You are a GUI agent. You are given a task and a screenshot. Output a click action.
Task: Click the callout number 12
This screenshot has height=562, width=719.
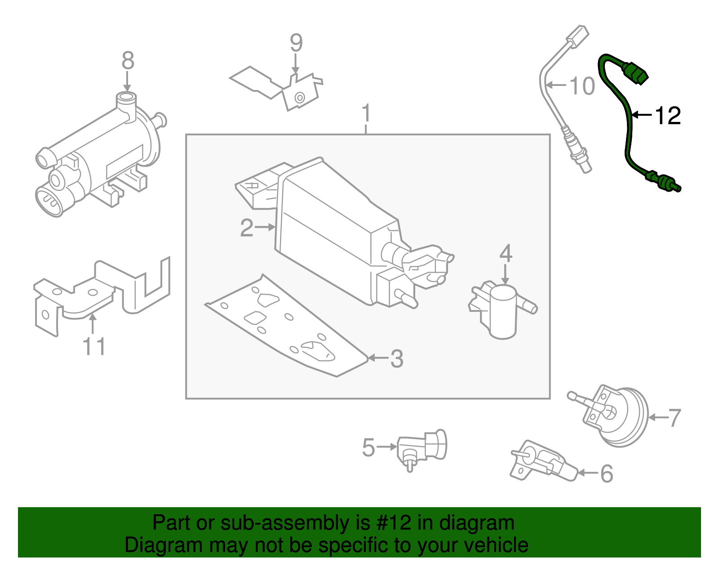coord(668,116)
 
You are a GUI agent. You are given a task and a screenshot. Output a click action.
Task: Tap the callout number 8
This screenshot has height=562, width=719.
coord(128,61)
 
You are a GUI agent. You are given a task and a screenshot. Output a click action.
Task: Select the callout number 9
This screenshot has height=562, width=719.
coord(296,43)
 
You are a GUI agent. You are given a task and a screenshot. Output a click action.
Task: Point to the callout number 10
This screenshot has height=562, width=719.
coord(582,86)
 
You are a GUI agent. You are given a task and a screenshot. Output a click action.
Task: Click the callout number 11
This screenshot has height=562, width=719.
coord(94,346)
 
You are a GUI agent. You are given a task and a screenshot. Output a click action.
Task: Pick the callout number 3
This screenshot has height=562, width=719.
coord(396,359)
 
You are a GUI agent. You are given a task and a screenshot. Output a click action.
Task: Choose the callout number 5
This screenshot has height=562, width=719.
coord(368,448)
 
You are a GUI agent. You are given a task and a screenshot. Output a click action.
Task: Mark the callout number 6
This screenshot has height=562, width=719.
coord(607,473)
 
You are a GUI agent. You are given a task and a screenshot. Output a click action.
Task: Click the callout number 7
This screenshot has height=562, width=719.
coord(674,418)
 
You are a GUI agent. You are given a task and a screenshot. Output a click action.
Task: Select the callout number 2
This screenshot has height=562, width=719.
coord(247,228)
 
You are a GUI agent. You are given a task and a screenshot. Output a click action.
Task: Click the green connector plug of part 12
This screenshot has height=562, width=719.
coord(636,73)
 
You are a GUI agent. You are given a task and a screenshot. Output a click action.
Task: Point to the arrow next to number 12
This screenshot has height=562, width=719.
coord(642,116)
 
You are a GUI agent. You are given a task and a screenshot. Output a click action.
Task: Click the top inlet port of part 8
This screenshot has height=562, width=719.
coord(126,98)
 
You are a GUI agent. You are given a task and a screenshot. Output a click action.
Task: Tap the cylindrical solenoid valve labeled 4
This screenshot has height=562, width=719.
coord(503,312)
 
